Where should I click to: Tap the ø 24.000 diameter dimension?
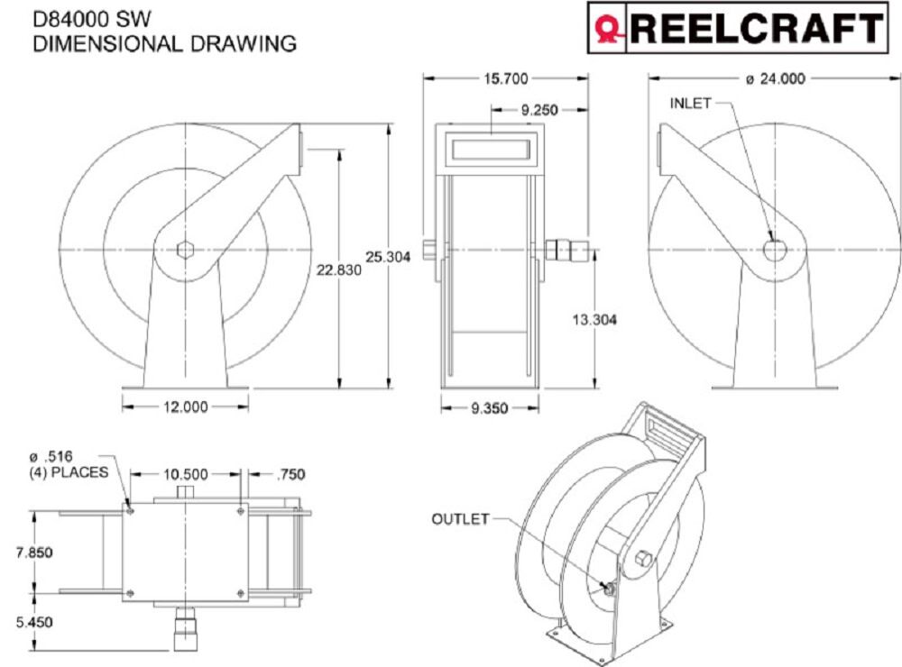pyautogui.click(x=775, y=78)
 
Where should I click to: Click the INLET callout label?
pyautogui.click(x=690, y=103)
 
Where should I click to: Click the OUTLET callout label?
pyautogui.click(x=460, y=519)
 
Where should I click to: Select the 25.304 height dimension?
pyautogui.click(x=388, y=257)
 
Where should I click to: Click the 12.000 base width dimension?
pyautogui.click(x=185, y=407)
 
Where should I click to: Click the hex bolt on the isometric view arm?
pyautogui.click(x=643, y=558)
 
